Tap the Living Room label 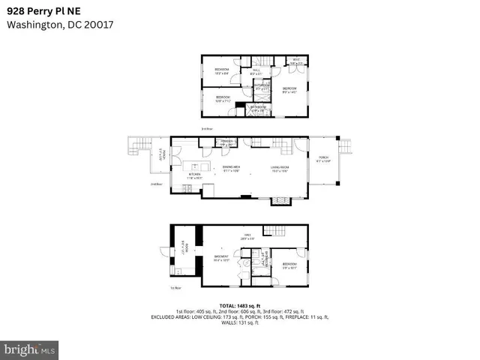(280, 169)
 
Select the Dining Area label (230, 169)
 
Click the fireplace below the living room (279, 200)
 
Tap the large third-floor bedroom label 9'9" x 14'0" (289, 90)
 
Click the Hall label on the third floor (255, 73)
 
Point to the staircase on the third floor (262, 61)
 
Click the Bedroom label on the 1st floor (289, 265)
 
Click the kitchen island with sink (196, 167)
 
